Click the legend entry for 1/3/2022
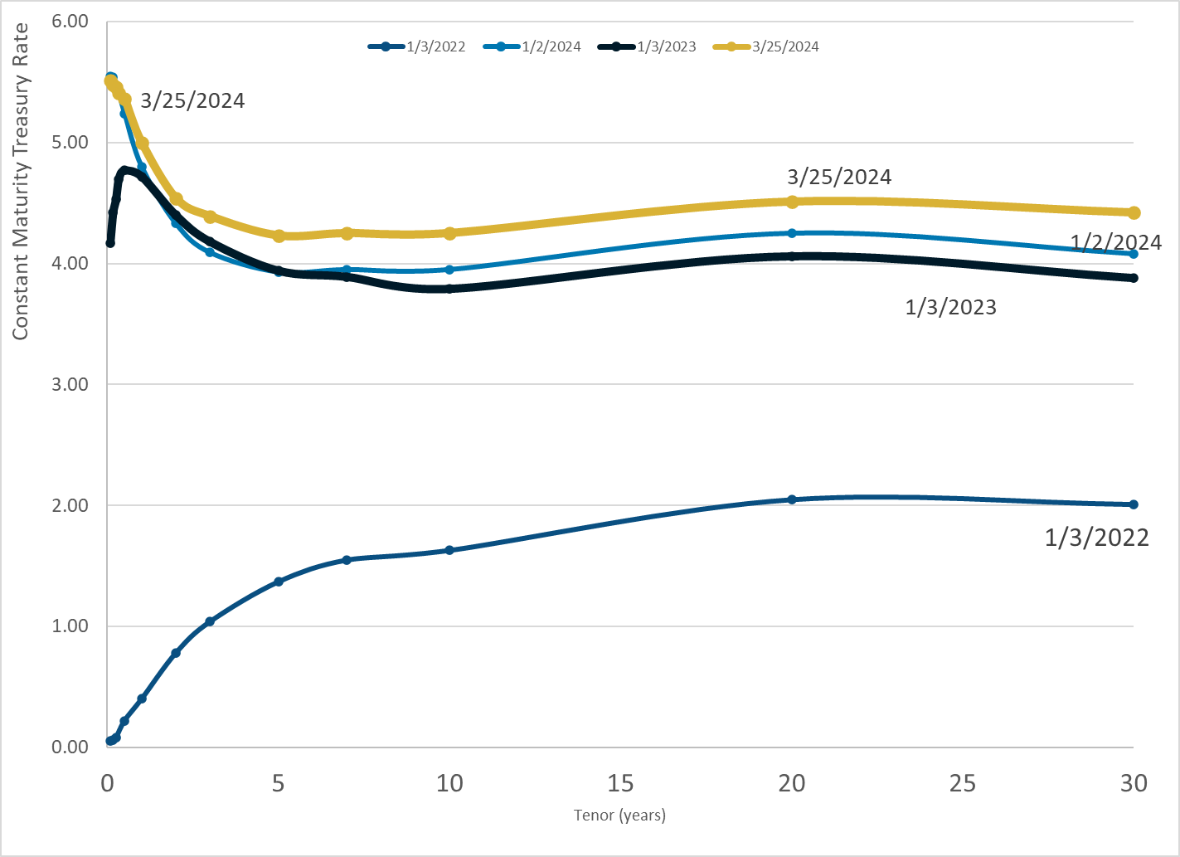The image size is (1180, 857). tap(417, 46)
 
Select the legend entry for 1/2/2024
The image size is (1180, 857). tap(532, 46)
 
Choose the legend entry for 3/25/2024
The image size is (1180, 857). tap(766, 46)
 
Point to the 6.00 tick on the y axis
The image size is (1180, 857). tap(70, 21)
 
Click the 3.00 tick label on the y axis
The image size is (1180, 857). tap(70, 384)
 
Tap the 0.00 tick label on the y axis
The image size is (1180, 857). tap(70, 747)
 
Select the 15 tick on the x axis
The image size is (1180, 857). tap(620, 782)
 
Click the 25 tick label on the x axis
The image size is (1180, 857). tap(963, 782)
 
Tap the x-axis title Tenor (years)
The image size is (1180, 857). tap(619, 815)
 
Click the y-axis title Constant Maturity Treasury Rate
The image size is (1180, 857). tap(21, 181)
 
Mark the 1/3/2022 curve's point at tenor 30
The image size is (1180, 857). tap(1134, 504)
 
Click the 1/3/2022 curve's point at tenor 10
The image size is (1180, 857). tap(449, 550)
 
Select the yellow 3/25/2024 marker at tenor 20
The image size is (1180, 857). tap(792, 202)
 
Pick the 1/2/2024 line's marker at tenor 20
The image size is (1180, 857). tap(792, 233)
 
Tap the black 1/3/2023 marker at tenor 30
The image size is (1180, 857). tap(1134, 278)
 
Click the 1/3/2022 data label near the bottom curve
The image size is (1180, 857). tap(1096, 538)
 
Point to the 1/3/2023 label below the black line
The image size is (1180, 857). tap(950, 307)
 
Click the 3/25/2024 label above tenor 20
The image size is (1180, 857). tap(839, 177)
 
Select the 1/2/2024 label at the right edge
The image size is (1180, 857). tap(1116, 242)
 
